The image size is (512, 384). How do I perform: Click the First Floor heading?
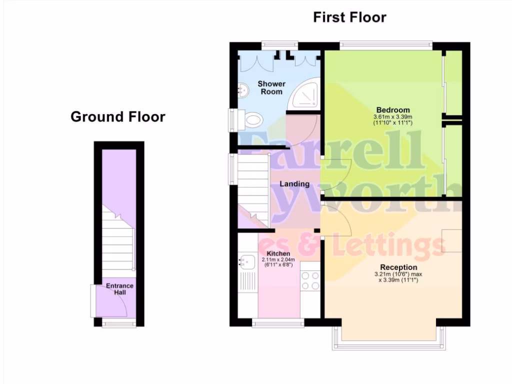[349, 17]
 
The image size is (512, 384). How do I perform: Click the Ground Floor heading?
[118, 117]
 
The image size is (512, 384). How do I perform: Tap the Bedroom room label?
[392, 110]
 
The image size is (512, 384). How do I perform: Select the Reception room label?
[398, 267]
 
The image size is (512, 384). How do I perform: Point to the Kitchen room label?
[278, 253]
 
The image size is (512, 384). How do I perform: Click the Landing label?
[294, 184]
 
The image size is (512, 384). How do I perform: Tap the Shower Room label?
[271, 87]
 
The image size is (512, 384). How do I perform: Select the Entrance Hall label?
[119, 289]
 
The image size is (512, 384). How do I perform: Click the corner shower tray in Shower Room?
[305, 95]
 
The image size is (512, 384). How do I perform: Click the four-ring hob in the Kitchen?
[310, 280]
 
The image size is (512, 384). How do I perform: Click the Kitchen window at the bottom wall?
[278, 323]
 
